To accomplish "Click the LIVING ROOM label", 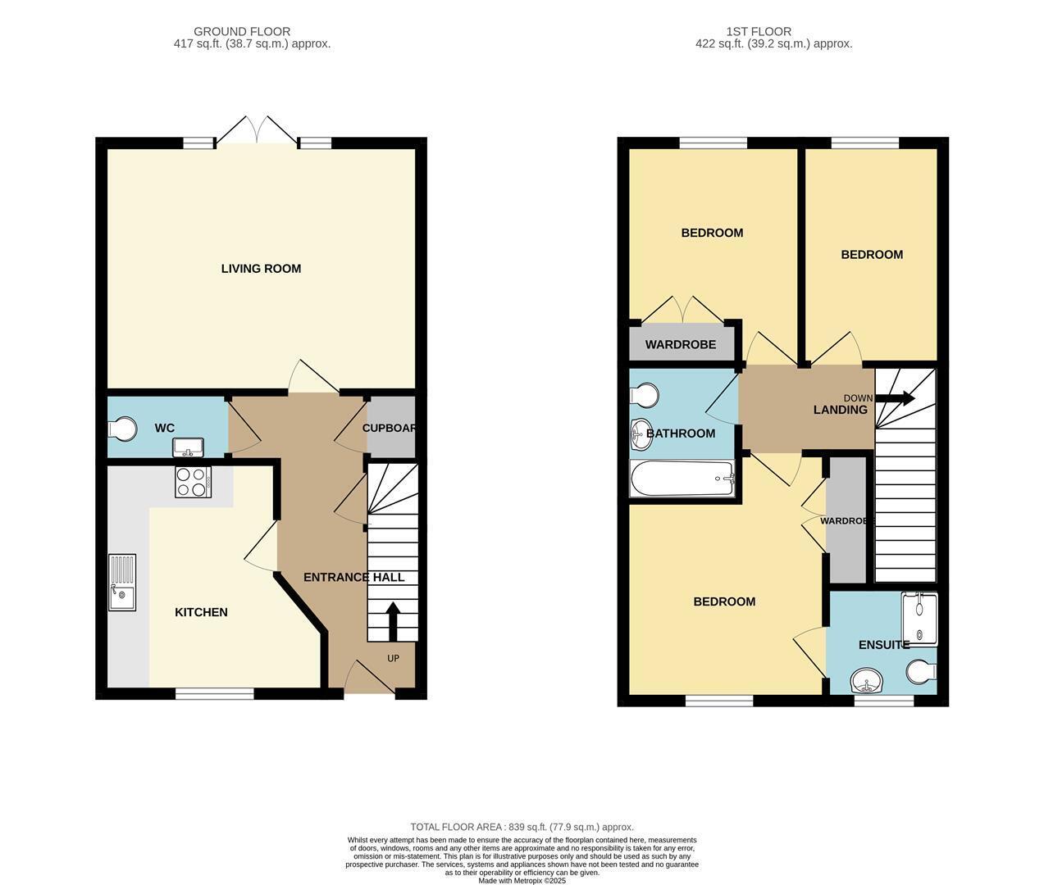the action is click(x=261, y=269).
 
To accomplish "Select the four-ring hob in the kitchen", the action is click(x=193, y=483).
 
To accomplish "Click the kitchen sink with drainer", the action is click(x=122, y=583).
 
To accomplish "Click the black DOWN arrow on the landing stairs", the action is click(x=895, y=398).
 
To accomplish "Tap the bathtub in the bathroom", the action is click(x=682, y=478).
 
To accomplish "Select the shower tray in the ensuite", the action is click(x=919, y=619).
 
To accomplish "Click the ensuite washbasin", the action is click(x=867, y=681).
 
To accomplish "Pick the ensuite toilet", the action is click(x=923, y=672).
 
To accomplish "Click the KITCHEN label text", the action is click(x=201, y=612).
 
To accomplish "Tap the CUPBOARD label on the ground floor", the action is click(x=390, y=428).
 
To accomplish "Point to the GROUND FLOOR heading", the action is click(x=242, y=31).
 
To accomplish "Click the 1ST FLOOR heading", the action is click(x=759, y=31).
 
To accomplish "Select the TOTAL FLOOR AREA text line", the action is click(x=522, y=827).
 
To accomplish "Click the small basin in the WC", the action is click(x=189, y=447).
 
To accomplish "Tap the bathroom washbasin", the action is click(x=642, y=433).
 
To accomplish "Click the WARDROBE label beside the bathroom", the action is click(x=681, y=345).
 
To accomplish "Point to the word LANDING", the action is click(x=841, y=410).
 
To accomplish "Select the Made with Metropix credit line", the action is click(x=522, y=881).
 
